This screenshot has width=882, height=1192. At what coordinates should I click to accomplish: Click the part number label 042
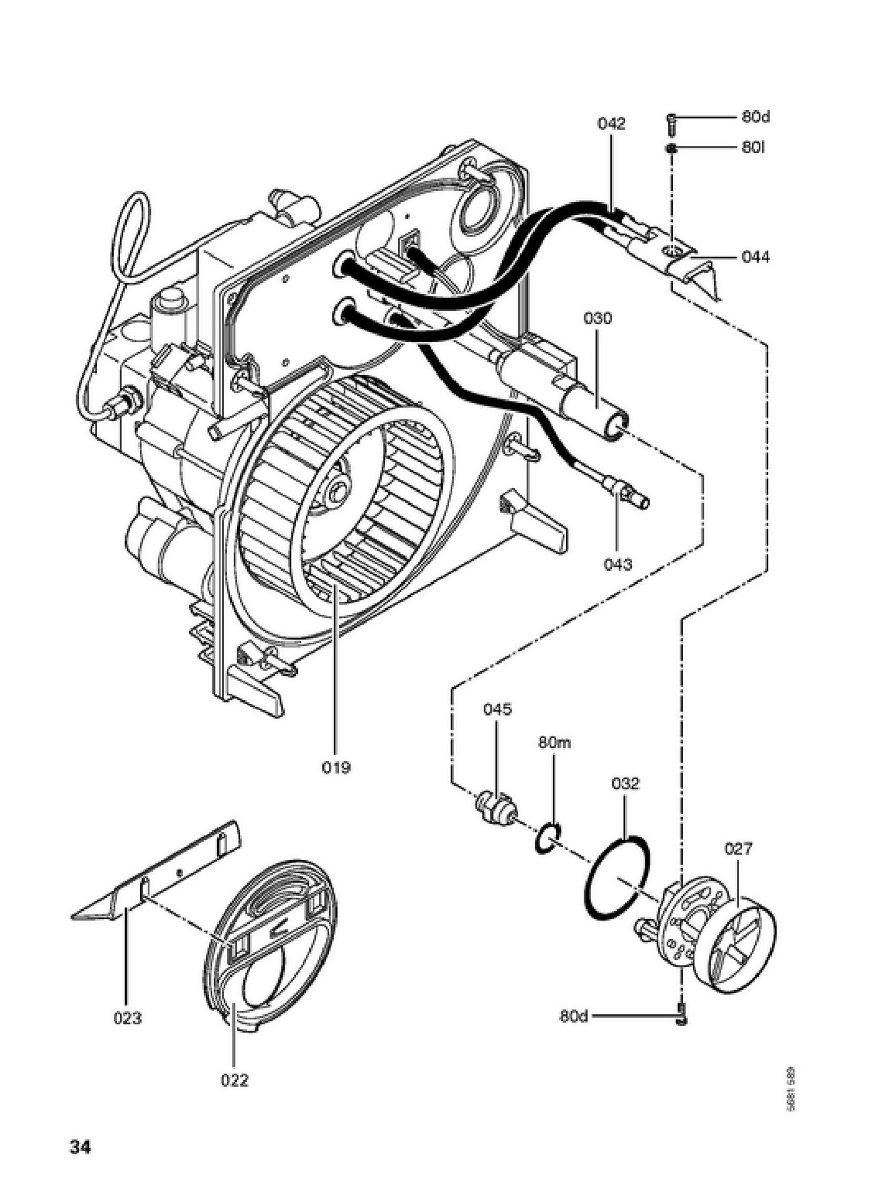(x=611, y=124)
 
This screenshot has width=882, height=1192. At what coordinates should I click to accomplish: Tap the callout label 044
(x=756, y=257)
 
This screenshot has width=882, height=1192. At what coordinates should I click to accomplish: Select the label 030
(x=597, y=318)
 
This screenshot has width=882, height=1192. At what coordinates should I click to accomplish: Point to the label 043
(x=617, y=564)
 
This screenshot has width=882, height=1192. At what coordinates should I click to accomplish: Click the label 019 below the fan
(x=336, y=767)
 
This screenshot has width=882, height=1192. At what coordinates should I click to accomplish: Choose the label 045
(x=497, y=709)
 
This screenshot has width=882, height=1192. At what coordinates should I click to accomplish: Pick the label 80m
(x=554, y=743)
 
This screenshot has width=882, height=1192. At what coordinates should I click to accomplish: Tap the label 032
(x=625, y=783)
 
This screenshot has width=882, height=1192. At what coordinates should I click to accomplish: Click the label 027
(x=738, y=849)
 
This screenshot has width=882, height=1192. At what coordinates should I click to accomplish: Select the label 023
(x=128, y=1018)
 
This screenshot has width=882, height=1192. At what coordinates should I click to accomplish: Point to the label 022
(x=235, y=1080)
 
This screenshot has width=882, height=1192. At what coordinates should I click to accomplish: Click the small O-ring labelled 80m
(x=548, y=838)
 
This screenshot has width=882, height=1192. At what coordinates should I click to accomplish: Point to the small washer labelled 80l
(x=671, y=149)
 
